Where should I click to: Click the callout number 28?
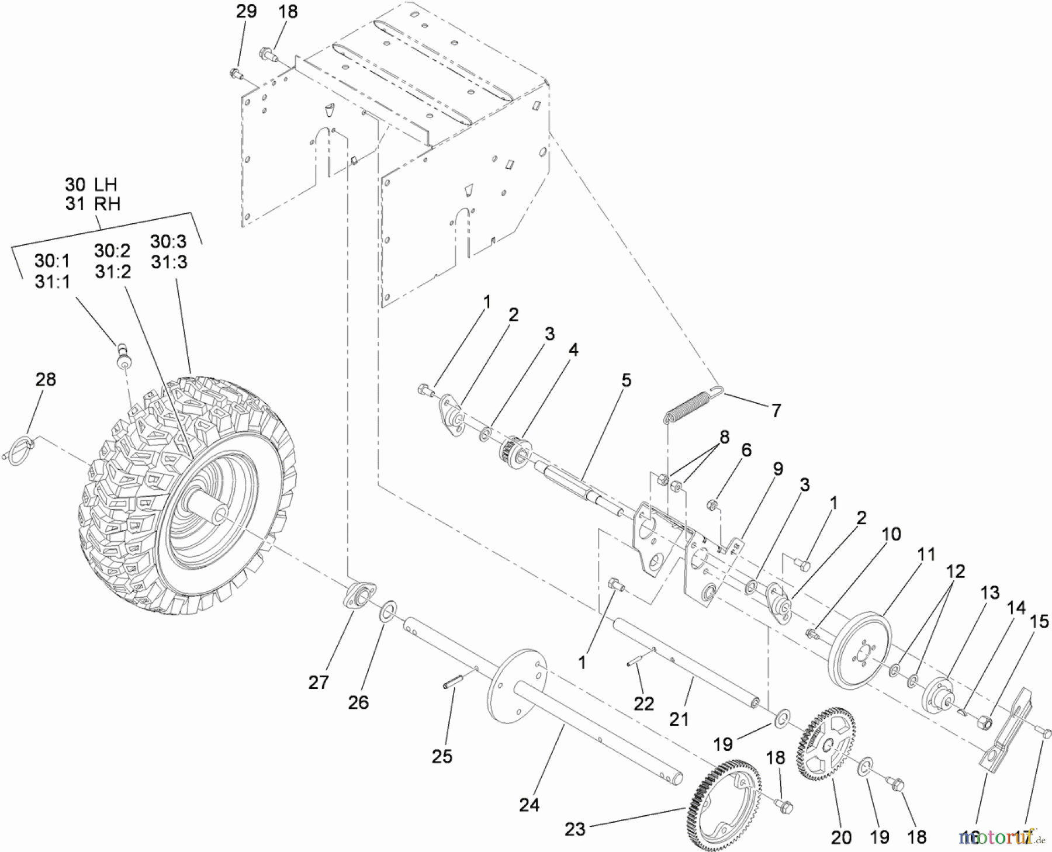pyautogui.click(x=46, y=379)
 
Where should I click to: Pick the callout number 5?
pyautogui.click(x=626, y=381)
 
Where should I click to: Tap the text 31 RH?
pyautogui.click(x=92, y=204)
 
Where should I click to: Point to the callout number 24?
pyautogui.click(x=529, y=805)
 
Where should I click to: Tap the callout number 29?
pyautogui.click(x=246, y=12)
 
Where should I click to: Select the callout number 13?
pyautogui.click(x=989, y=593)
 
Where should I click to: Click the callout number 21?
pyautogui.click(x=679, y=719)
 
